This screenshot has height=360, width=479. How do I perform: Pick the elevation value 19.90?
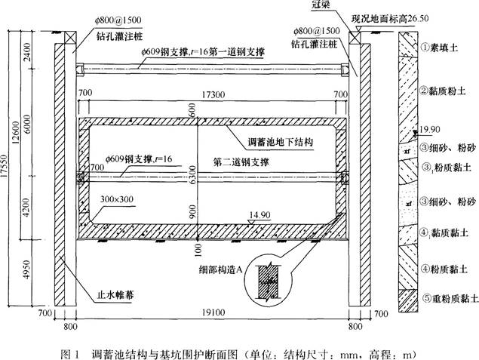click(431, 128)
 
